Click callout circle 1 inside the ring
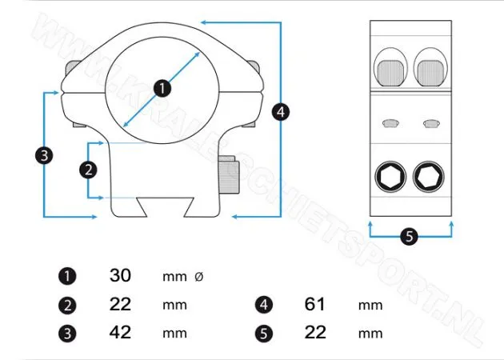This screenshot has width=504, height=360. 162,88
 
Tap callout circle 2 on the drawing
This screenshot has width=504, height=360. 89,170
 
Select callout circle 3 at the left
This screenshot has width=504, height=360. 45,155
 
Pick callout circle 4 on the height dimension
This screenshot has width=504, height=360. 279,112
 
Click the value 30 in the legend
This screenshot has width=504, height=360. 120,276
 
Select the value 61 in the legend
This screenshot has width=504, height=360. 316,304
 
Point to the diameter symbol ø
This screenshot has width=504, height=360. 199,277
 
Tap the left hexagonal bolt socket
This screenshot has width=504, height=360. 390,177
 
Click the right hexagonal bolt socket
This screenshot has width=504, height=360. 430,177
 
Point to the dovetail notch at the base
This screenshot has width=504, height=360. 162,206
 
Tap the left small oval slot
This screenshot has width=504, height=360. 390,122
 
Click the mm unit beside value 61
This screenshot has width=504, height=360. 370,305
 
